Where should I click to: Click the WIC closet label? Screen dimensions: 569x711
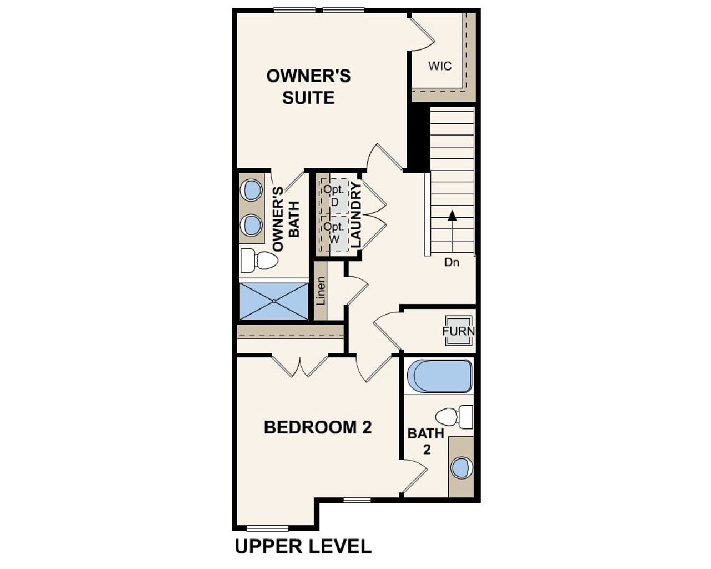(x=440, y=66)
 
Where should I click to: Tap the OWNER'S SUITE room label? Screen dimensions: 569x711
(x=308, y=87)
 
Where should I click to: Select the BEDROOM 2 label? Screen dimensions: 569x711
(x=318, y=427)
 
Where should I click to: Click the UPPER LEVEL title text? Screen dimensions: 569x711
(x=303, y=546)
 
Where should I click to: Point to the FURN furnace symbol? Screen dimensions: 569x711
(x=458, y=331)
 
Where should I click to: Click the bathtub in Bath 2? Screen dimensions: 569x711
(x=439, y=376)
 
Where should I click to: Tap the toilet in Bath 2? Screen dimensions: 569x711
(x=454, y=416)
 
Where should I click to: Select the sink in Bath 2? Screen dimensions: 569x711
(x=460, y=467)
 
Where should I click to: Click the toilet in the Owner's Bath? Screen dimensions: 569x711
(x=259, y=260)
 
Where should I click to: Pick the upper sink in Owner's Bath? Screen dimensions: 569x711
(x=252, y=190)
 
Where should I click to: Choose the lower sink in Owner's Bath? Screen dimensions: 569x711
(x=252, y=226)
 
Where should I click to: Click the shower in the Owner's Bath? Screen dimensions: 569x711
(x=274, y=301)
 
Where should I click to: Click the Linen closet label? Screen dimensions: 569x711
(x=321, y=291)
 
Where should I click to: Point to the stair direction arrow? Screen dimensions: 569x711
(x=452, y=216)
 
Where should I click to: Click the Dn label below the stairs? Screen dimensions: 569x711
(x=452, y=262)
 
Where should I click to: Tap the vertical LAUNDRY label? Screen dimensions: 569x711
(x=356, y=215)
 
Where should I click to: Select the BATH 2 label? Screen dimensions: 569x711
(x=426, y=441)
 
